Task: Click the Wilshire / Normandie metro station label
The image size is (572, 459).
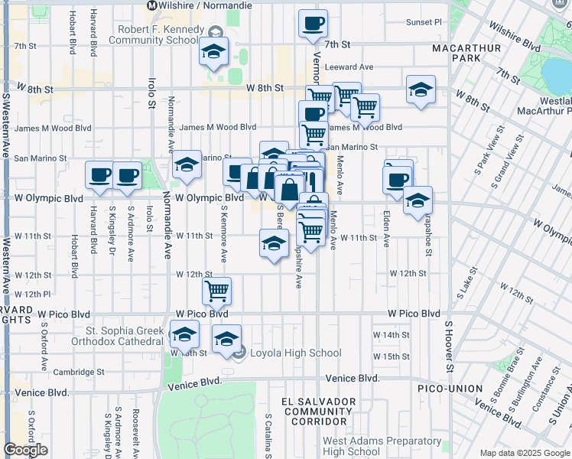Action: coord(200,5)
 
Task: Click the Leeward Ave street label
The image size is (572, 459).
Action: coord(349,67)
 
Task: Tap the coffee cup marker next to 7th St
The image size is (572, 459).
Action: coord(313,24)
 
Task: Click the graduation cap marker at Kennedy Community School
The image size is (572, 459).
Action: coord(213,52)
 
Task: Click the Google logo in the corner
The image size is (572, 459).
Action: coord(26,449)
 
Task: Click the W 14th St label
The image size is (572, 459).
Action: coord(392,335)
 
